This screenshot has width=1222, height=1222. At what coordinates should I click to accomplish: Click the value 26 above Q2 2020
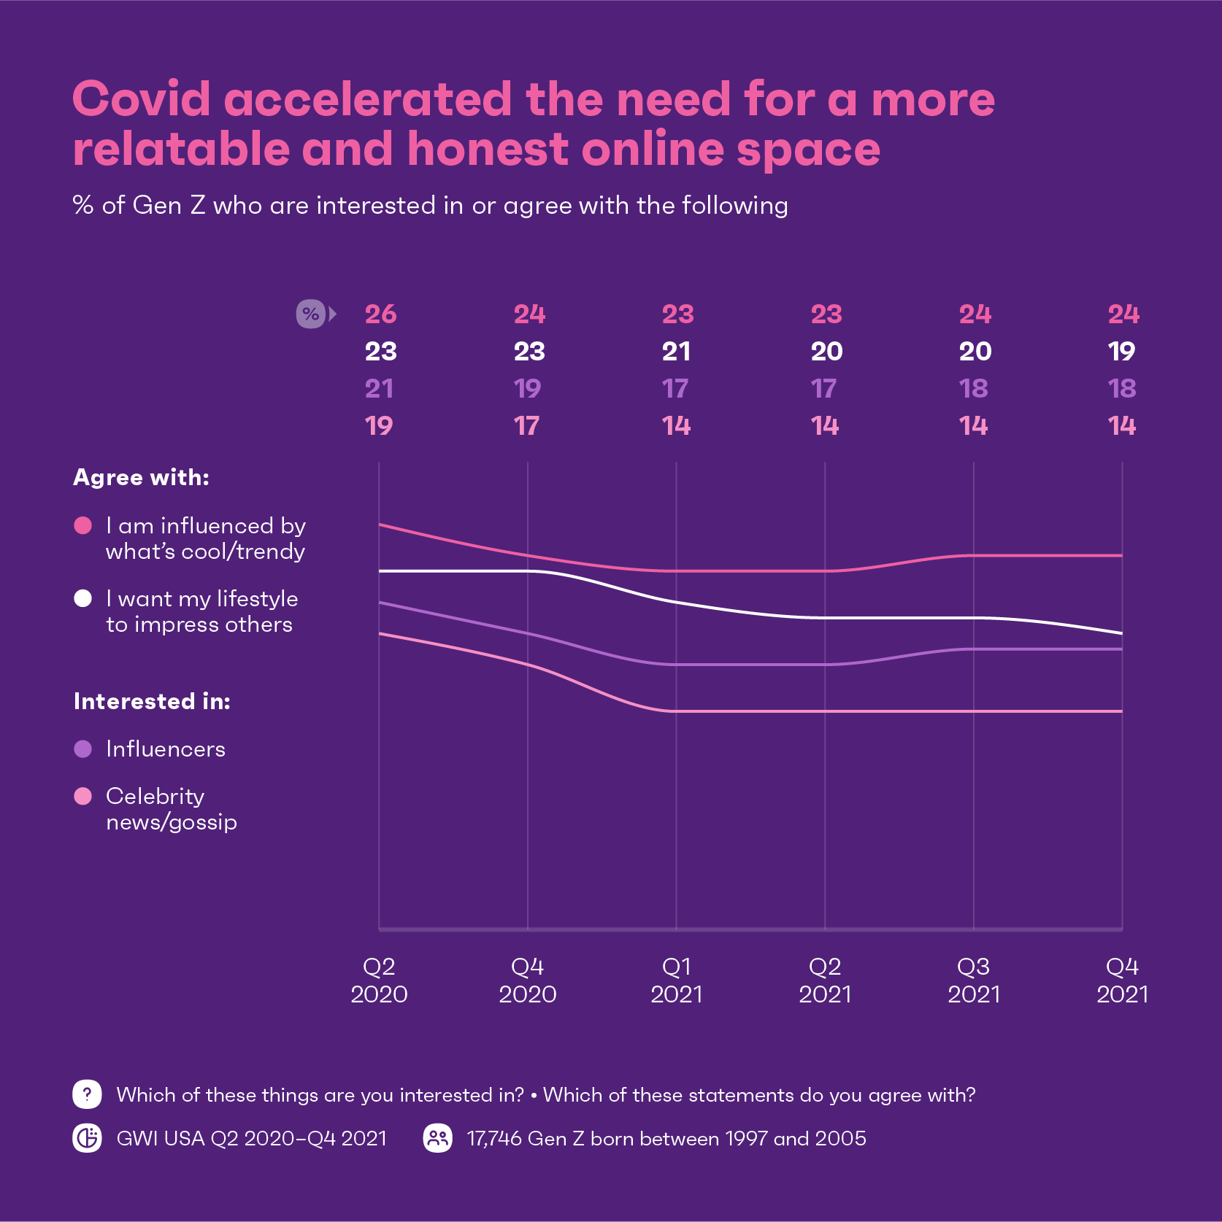380,314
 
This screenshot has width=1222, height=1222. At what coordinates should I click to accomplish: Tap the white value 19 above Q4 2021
1122,352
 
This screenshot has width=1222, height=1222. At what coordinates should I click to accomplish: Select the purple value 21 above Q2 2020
379,389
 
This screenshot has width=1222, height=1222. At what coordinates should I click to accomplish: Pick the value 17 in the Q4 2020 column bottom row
526,426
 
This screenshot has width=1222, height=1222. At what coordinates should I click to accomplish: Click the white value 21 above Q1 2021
676,352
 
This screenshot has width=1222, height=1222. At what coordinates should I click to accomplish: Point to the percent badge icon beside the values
311,314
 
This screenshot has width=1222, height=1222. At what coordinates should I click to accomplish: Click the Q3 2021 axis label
974,981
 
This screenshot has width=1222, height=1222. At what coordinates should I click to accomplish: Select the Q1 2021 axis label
676,981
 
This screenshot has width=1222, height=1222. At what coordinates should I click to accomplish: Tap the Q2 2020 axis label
379,981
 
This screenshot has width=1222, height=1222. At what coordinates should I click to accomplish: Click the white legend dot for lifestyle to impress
83,599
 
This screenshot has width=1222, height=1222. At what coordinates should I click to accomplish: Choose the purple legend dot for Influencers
83,749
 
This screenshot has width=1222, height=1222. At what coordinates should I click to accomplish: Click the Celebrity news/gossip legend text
171,809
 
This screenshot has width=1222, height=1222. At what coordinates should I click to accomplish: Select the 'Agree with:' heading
141,478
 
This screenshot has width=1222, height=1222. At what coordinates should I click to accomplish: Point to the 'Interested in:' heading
152,702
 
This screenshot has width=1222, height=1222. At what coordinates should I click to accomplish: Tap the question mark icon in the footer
87,1094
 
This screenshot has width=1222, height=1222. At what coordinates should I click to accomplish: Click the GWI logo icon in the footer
87,1138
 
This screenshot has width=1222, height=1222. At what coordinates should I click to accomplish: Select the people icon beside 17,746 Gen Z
438,1138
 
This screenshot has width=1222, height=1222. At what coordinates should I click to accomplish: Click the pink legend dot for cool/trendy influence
83,526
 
